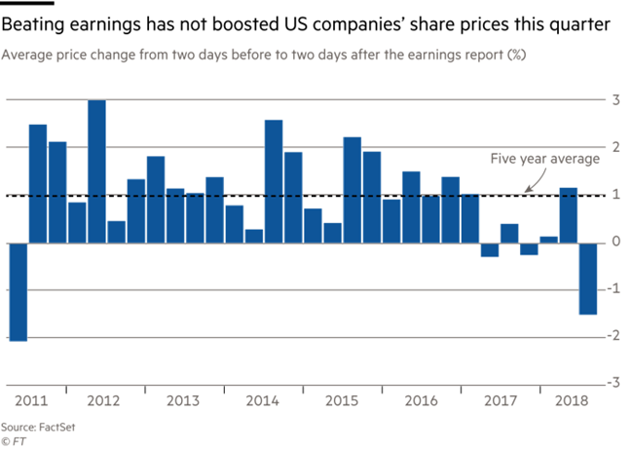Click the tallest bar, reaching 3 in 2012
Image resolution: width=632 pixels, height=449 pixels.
(96, 171)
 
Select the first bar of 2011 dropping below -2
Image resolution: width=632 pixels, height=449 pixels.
(18, 291)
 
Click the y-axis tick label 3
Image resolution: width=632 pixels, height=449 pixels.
(614, 100)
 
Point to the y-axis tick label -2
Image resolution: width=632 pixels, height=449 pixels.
(613, 336)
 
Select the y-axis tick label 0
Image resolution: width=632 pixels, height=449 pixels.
(614, 242)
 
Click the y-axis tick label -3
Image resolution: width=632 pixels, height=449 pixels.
(613, 383)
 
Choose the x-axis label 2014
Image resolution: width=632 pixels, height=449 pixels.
(264, 399)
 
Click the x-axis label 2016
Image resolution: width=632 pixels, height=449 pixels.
(421, 399)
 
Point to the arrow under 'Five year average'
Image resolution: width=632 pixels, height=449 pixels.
(522, 182)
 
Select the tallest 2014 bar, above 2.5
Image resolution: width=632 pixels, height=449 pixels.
(274, 181)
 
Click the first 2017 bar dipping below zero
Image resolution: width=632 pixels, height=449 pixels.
(490, 249)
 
